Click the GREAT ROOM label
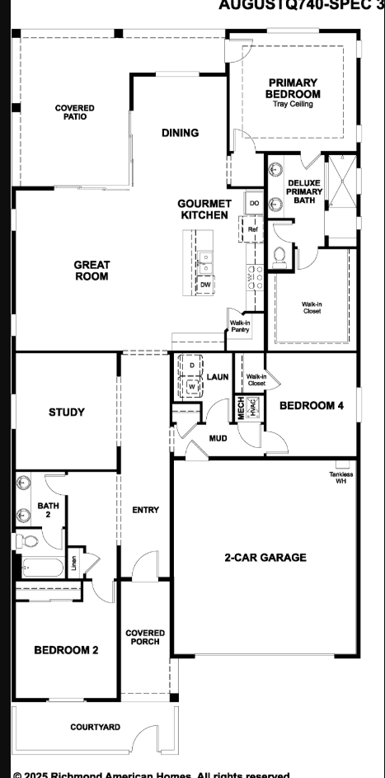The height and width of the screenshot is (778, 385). tap(92, 271)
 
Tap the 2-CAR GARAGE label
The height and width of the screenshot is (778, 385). tap(265, 558)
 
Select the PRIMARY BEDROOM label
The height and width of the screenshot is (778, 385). tap(293, 88)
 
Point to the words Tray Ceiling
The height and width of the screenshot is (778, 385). tap(293, 104)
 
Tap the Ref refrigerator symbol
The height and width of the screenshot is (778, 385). tap(253, 229)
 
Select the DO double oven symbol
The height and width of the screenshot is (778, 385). tap(254, 203)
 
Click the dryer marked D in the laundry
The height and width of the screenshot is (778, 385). tap(192, 365)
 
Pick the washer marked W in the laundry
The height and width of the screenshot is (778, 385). tap(192, 385)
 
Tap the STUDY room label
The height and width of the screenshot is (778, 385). tap(66, 412)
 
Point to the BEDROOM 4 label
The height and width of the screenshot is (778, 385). tap(312, 405)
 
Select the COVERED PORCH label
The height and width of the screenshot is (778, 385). tap(145, 638)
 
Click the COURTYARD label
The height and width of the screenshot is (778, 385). tap(95, 727)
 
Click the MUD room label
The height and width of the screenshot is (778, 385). tap(218, 438)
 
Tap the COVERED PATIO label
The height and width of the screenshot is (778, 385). tap(74, 112)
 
